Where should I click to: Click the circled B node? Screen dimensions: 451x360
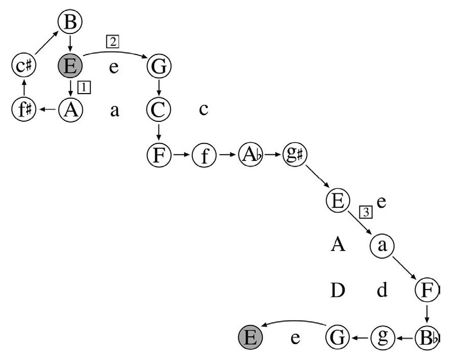[x=70, y=22]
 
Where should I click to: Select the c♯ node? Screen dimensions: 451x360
[x=24, y=65]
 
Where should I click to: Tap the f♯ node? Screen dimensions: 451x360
[x=24, y=109]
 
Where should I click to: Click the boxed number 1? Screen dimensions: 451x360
[x=84, y=87]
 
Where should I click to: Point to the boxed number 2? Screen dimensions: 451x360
[x=113, y=42]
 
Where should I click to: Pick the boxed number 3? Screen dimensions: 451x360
[x=366, y=212]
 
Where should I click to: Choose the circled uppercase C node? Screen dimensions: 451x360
[x=159, y=109]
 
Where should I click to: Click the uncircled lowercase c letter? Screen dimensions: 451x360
[x=204, y=110]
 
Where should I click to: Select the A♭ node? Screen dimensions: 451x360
[x=250, y=155]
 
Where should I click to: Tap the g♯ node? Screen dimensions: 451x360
[x=295, y=155]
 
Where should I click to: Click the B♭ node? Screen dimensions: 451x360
[x=427, y=337]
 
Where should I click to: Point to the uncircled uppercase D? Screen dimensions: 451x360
[x=338, y=290]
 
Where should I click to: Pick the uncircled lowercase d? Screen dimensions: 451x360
[x=382, y=290]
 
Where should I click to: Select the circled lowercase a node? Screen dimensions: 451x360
[x=382, y=245]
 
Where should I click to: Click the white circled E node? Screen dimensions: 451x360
[x=338, y=201]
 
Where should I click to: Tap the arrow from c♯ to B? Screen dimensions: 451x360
[x=46, y=43]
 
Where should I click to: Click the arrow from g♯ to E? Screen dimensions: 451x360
[x=317, y=176]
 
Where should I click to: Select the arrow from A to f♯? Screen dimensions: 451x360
[x=48, y=109]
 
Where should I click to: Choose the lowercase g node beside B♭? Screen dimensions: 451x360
[x=382, y=337]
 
